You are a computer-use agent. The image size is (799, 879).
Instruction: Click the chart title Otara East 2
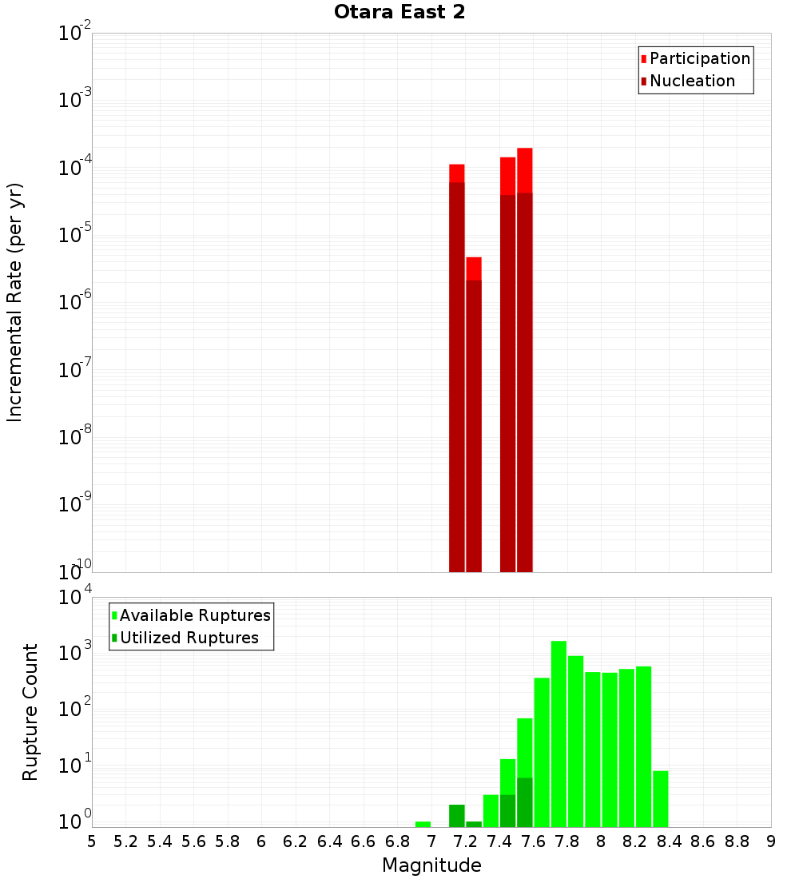pyautogui.click(x=399, y=13)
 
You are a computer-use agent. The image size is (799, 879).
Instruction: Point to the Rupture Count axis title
pyautogui.click(x=30, y=712)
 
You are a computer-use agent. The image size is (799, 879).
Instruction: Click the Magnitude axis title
pyautogui.click(x=431, y=865)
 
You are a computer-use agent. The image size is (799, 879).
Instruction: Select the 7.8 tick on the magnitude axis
pyautogui.click(x=567, y=841)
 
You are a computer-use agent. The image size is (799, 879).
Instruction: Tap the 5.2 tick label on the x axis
pyautogui.click(x=126, y=841)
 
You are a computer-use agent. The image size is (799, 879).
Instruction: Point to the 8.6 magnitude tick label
pyautogui.click(x=703, y=841)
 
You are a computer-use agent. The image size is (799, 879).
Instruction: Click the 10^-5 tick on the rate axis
pyautogui.click(x=76, y=235)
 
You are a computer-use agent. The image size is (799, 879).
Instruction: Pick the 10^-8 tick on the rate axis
pyautogui.click(x=76, y=437)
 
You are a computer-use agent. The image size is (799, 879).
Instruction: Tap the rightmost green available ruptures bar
pyautogui.click(x=660, y=798)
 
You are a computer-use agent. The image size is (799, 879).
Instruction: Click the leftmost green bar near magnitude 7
pyautogui.click(x=423, y=824)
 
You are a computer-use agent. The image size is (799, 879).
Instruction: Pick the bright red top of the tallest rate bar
pyautogui.click(x=524, y=169)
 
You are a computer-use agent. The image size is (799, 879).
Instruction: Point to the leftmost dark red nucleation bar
pyautogui.click(x=457, y=376)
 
